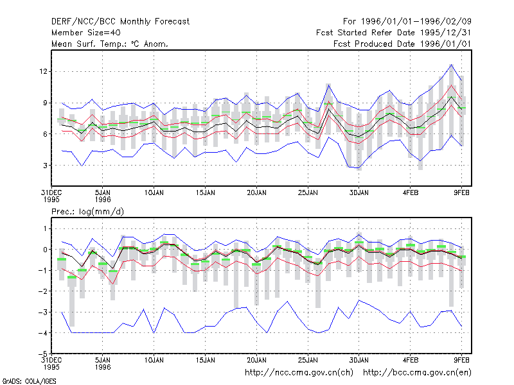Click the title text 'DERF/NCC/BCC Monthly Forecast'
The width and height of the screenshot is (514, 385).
click(120, 22)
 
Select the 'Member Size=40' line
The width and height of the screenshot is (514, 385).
click(86, 33)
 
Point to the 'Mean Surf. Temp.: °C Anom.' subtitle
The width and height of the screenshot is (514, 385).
click(109, 44)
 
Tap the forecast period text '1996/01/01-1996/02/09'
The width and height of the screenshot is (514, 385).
click(416, 22)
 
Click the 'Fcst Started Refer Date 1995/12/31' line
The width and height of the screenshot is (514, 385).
click(394, 33)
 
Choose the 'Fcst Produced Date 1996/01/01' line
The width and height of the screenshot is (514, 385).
click(403, 44)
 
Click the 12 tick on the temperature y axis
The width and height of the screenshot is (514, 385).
click(43, 71)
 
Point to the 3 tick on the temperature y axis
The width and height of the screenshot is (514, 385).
click(45, 166)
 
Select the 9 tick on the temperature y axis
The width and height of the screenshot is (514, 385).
click(45, 103)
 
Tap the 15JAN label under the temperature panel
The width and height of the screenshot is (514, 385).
click(205, 193)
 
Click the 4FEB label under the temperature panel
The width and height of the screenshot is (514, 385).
click(411, 193)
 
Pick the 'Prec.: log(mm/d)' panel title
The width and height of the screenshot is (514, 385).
click(87, 212)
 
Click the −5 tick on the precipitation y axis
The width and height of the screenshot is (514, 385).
click(42, 354)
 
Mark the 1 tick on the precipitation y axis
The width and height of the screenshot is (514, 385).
click(45, 228)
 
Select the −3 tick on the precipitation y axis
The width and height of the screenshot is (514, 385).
click(42, 312)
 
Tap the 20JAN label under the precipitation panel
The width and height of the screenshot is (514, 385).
click(256, 360)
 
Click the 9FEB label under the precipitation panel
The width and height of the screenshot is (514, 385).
click(461, 360)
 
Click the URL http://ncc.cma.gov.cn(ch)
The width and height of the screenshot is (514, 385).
click(299, 373)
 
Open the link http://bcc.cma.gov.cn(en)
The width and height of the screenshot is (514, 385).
click(417, 373)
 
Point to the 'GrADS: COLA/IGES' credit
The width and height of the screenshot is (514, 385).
click(29, 381)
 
